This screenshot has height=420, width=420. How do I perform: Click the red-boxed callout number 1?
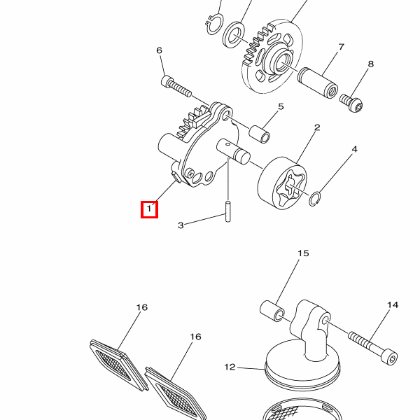(x=149, y=209)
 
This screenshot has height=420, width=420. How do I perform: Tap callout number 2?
(x=317, y=127)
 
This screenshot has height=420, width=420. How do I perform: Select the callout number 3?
(x=181, y=225)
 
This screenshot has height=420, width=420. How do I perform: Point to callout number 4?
(x=354, y=149)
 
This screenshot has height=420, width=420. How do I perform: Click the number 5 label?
(x=281, y=106)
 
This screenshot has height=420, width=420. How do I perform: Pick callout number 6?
(x=159, y=50)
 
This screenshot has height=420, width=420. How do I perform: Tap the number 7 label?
(x=341, y=47)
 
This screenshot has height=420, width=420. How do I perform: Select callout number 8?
(x=371, y=64)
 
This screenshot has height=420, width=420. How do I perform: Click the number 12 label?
(x=230, y=367)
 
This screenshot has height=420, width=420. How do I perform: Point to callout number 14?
(x=393, y=304)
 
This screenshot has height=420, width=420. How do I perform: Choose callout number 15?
(x=303, y=253)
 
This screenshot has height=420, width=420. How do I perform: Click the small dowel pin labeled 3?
(x=227, y=211)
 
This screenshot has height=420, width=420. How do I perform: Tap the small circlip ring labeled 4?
(x=314, y=199)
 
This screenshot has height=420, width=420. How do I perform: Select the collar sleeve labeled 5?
(x=260, y=134)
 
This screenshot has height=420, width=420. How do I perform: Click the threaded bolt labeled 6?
(x=176, y=85)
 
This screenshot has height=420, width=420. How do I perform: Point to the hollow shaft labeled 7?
(x=318, y=83)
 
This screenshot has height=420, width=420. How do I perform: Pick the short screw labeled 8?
(x=351, y=103)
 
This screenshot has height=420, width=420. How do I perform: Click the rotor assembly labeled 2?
(x=282, y=183)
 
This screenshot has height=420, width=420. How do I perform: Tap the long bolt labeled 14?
(x=372, y=347)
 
